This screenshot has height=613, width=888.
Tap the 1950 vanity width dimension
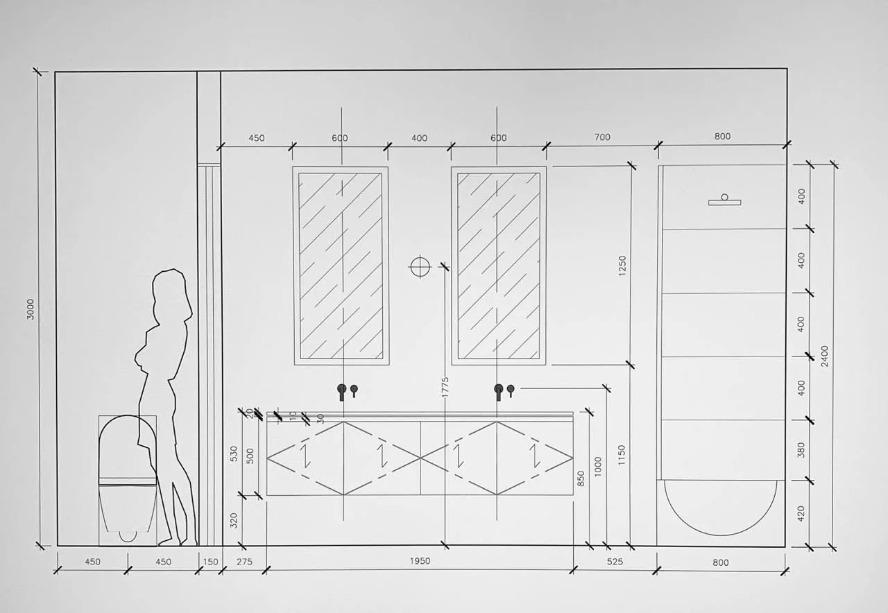click(419, 561)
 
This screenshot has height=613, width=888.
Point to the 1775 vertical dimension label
click(445, 390)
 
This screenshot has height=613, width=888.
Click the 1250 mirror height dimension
click(622, 268)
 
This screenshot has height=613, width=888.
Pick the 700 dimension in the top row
click(602, 137)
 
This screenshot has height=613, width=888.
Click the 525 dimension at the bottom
click(615, 562)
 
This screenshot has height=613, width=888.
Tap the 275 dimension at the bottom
click(244, 562)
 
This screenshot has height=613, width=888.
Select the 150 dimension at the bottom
click(210, 562)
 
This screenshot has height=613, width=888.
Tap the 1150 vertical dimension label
click(622, 455)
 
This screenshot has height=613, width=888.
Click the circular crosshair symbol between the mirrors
click(420, 267)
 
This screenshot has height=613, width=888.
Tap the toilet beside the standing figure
click(127, 478)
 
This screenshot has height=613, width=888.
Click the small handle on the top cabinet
click(724, 200)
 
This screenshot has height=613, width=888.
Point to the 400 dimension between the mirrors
click(419, 137)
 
